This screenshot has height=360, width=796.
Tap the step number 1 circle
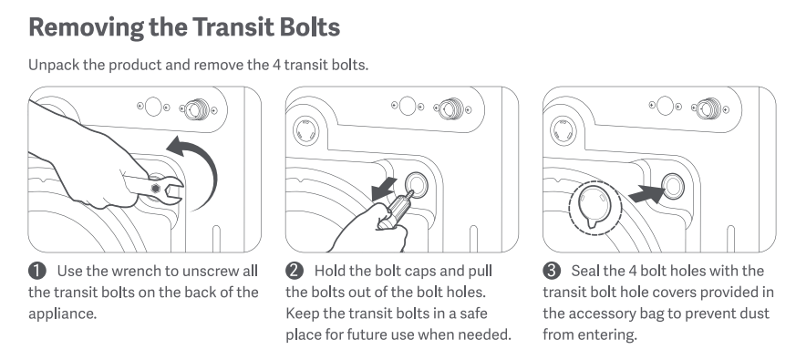[37, 271]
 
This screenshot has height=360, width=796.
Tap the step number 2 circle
[295, 271]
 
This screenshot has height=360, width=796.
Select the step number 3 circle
[552, 271]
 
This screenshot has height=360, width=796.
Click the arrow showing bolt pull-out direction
[384, 189]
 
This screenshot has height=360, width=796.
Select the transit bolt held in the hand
[397, 210]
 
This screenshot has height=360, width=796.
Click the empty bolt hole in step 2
[417, 183]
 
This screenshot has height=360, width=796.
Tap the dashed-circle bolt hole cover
[595, 208]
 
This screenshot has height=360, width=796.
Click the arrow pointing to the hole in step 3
[646, 194]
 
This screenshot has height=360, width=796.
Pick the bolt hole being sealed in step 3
[673, 185]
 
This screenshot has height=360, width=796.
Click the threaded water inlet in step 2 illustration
[450, 109]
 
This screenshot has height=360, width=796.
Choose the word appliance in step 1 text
[62, 314]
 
